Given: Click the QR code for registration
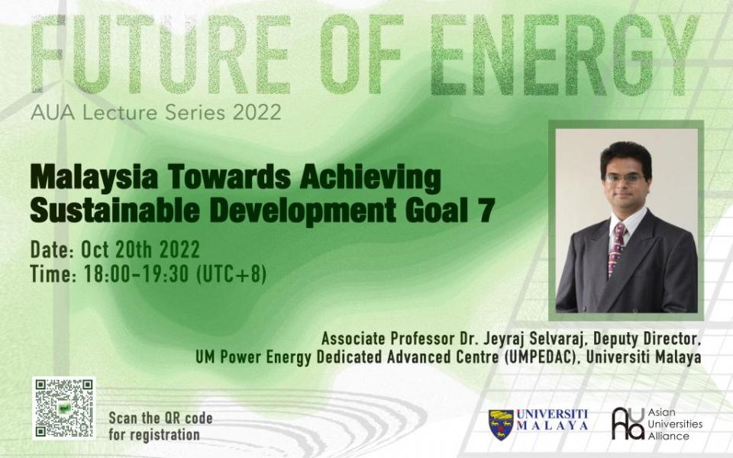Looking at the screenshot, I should [x=63, y=408].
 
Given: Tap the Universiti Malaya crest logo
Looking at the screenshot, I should [x=501, y=424].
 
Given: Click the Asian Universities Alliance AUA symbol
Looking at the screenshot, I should [x=627, y=424].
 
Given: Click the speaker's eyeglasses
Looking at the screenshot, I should [x=624, y=178].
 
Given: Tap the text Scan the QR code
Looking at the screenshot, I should [x=160, y=418].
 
